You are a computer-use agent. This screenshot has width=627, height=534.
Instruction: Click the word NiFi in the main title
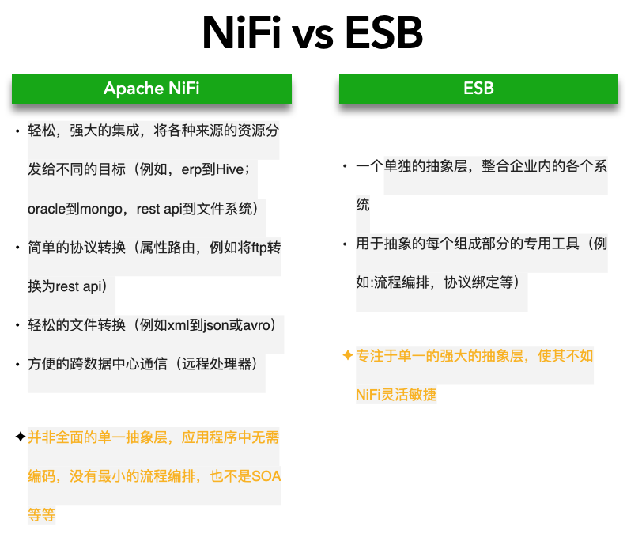click(242, 34)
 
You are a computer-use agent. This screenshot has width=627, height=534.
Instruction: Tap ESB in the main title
click(383, 34)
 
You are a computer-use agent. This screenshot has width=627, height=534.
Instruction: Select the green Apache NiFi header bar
click(152, 88)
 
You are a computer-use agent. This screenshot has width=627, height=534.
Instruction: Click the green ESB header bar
click(478, 88)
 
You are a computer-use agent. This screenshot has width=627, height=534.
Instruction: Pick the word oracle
click(45, 209)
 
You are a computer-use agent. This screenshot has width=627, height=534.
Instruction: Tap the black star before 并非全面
click(20, 437)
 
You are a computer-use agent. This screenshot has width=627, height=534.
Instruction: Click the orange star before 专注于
click(347, 356)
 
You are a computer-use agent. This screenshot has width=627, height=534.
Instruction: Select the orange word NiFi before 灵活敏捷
click(369, 395)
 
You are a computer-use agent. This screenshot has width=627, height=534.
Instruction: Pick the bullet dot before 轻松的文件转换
click(17, 326)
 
